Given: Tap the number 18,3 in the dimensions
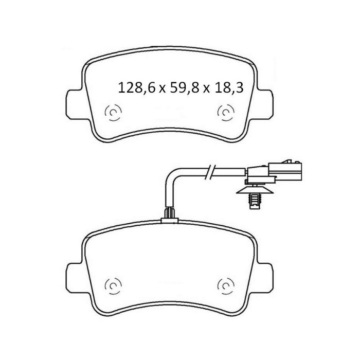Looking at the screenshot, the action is click(228, 87).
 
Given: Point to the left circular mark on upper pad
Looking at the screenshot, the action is click(113, 112).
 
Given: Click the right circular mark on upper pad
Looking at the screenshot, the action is click(226, 112).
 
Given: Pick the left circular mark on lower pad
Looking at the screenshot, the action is click(113, 286).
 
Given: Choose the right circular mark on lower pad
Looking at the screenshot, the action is click(226, 286).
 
